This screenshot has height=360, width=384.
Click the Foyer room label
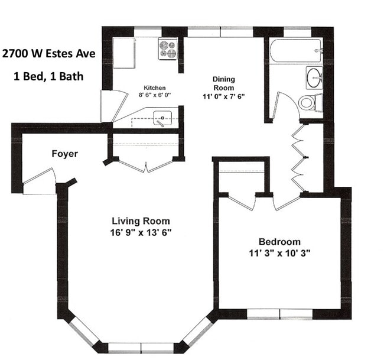[x=64, y=154]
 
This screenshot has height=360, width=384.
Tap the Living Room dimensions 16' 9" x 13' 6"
[x=141, y=232]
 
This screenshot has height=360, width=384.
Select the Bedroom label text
[x=279, y=242]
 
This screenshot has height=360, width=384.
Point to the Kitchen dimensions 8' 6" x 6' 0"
[x=155, y=95]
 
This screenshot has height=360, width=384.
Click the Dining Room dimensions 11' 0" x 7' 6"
[x=223, y=96]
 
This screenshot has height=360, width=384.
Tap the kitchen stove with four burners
[x=168, y=48]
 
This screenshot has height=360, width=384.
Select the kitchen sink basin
[x=162, y=118]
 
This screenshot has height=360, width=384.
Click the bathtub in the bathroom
[x=296, y=51]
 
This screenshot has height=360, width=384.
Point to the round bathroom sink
[x=314, y=77]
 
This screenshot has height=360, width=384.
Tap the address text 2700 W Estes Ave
[x=48, y=54]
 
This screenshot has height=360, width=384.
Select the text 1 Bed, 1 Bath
[x=48, y=76]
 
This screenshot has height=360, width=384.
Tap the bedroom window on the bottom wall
[x=279, y=314]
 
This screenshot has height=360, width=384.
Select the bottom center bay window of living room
[x=141, y=348]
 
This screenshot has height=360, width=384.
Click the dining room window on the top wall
[x=220, y=32]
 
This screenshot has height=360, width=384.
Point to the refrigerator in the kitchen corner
[x=123, y=53]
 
